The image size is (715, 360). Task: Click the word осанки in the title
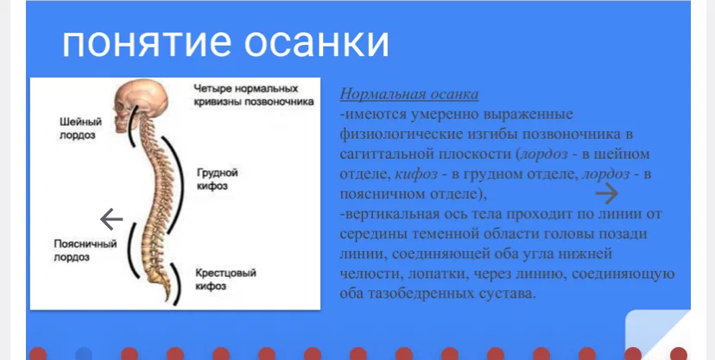click(x=320, y=42)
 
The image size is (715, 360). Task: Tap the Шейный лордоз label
click(x=75, y=128)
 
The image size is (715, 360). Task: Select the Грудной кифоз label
click(x=216, y=178)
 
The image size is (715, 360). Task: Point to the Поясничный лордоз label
click(x=85, y=250)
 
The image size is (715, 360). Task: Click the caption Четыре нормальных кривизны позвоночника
click(x=246, y=95)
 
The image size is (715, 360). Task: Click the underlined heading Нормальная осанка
click(x=409, y=94)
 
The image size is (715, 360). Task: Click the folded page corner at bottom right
click(x=655, y=332)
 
